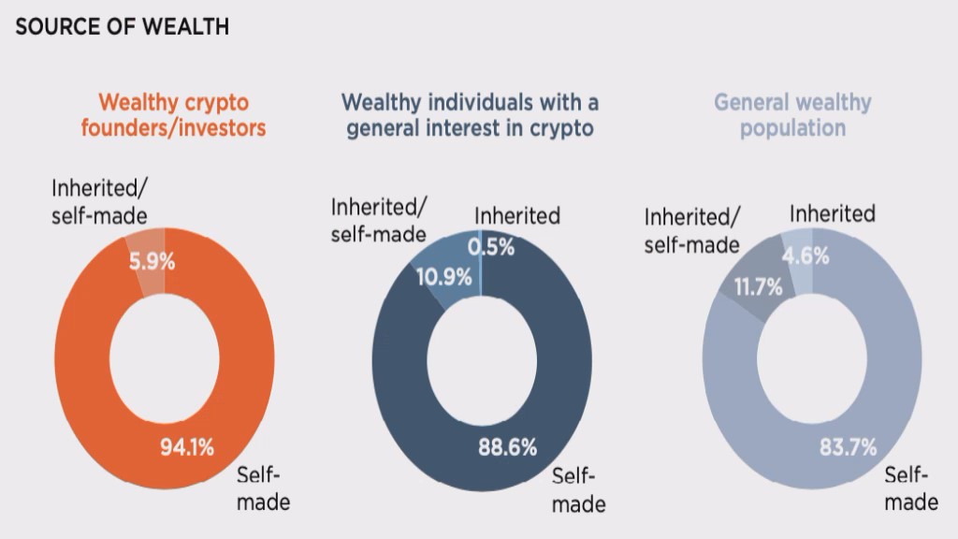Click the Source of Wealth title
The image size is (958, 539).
tap(123, 26)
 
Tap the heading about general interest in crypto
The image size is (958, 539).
tap(470, 114)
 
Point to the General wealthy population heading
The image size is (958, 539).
tap(792, 114)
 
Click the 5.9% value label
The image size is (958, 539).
tap(152, 262)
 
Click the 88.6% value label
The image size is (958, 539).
tap(506, 447)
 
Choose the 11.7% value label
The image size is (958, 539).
tap(758, 287)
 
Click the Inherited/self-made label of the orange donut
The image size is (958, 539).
tap(100, 201)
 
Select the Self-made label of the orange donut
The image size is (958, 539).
tap(263, 487)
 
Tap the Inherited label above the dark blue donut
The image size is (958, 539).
tap(516, 216)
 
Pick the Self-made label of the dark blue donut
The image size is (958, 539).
tap(578, 489)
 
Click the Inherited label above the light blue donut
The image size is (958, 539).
tap(832, 213)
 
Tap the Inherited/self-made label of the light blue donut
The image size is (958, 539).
tap(692, 230)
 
